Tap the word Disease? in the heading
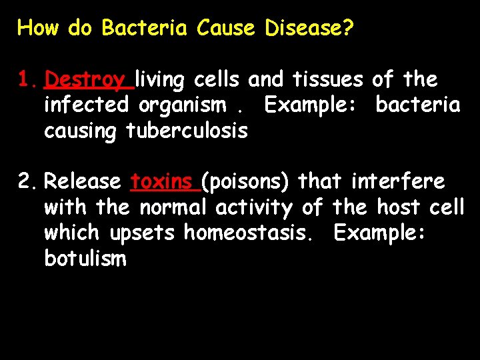309,28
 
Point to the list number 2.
28,181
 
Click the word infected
86,105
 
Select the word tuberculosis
187,131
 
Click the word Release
83,181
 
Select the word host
398,207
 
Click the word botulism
85,258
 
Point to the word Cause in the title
226,28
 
